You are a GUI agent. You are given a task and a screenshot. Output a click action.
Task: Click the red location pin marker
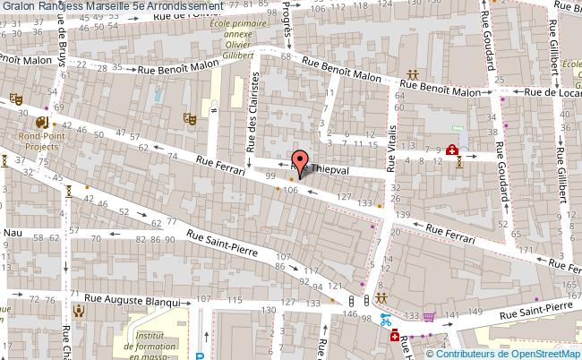pos(298,162)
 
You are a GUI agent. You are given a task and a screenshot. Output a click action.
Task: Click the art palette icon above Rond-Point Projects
pos(42,122)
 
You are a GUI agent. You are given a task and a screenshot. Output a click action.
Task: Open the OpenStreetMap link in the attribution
pos(533,352)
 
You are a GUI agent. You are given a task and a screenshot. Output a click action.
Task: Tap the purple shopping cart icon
pos(430,316)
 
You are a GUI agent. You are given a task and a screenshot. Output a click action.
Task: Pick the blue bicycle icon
pos(385,318)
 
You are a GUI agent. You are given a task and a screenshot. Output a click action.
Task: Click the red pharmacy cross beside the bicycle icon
pos(395,336)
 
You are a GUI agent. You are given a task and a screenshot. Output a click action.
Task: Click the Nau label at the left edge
pos(12,232)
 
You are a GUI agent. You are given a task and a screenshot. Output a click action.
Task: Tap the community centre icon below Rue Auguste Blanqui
pos(79,311)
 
